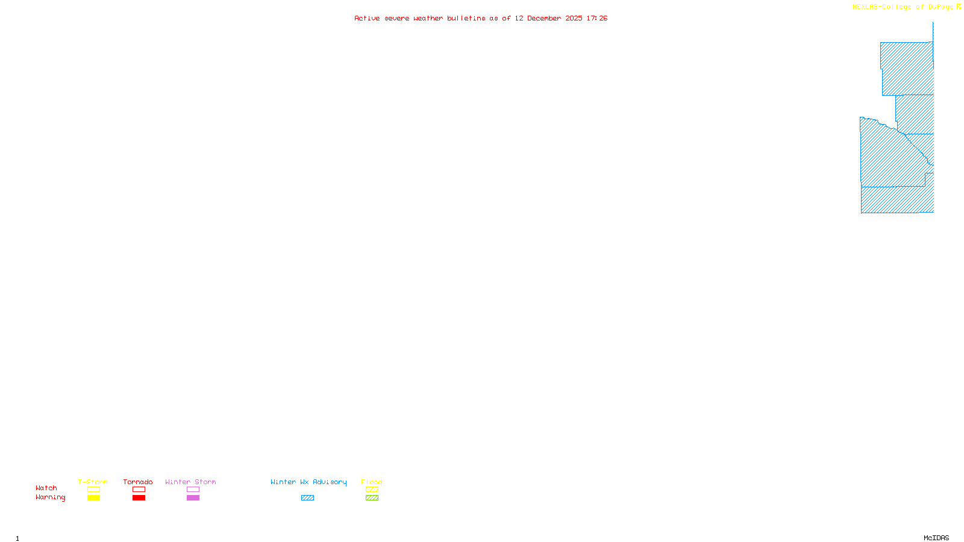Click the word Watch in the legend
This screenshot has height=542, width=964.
46,488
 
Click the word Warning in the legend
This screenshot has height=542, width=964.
50,497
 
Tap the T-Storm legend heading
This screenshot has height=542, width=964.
93,482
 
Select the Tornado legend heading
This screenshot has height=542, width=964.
138,482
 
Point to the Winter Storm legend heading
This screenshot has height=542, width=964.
190,482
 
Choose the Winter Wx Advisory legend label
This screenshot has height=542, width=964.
308,482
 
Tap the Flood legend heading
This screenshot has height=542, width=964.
372,482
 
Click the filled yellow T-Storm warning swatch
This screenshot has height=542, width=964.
93,498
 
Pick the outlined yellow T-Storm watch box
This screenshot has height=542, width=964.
93,490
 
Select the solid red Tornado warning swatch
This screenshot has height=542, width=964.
139,498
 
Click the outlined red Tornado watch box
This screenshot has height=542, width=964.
139,490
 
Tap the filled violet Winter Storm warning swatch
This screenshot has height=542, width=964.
193,498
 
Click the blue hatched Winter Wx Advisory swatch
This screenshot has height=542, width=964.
307,498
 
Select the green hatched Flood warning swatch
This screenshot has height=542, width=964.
372,498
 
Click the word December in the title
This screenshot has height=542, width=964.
544,18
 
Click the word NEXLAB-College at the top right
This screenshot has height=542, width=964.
881,7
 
